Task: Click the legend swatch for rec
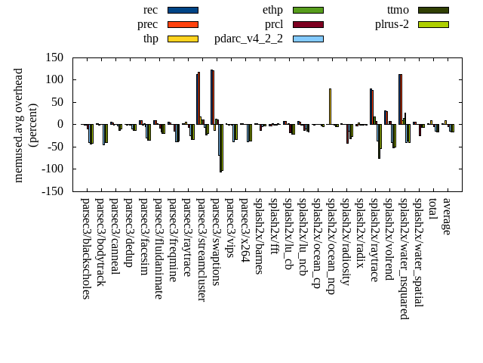click(183, 10)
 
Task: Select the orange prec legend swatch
click(183, 24)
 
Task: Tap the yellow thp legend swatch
click(183, 39)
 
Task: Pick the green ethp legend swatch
click(308, 10)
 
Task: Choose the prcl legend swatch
click(308, 24)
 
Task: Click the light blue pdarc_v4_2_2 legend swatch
click(308, 39)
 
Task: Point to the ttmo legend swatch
click(433, 10)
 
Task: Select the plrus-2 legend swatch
click(433, 24)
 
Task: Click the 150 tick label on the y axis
click(53, 57)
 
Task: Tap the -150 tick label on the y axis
click(51, 191)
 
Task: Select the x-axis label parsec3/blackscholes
click(86, 249)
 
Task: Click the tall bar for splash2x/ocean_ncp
click(330, 106)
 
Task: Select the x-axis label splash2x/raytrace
click(375, 240)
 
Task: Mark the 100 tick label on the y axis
click(53, 79)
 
